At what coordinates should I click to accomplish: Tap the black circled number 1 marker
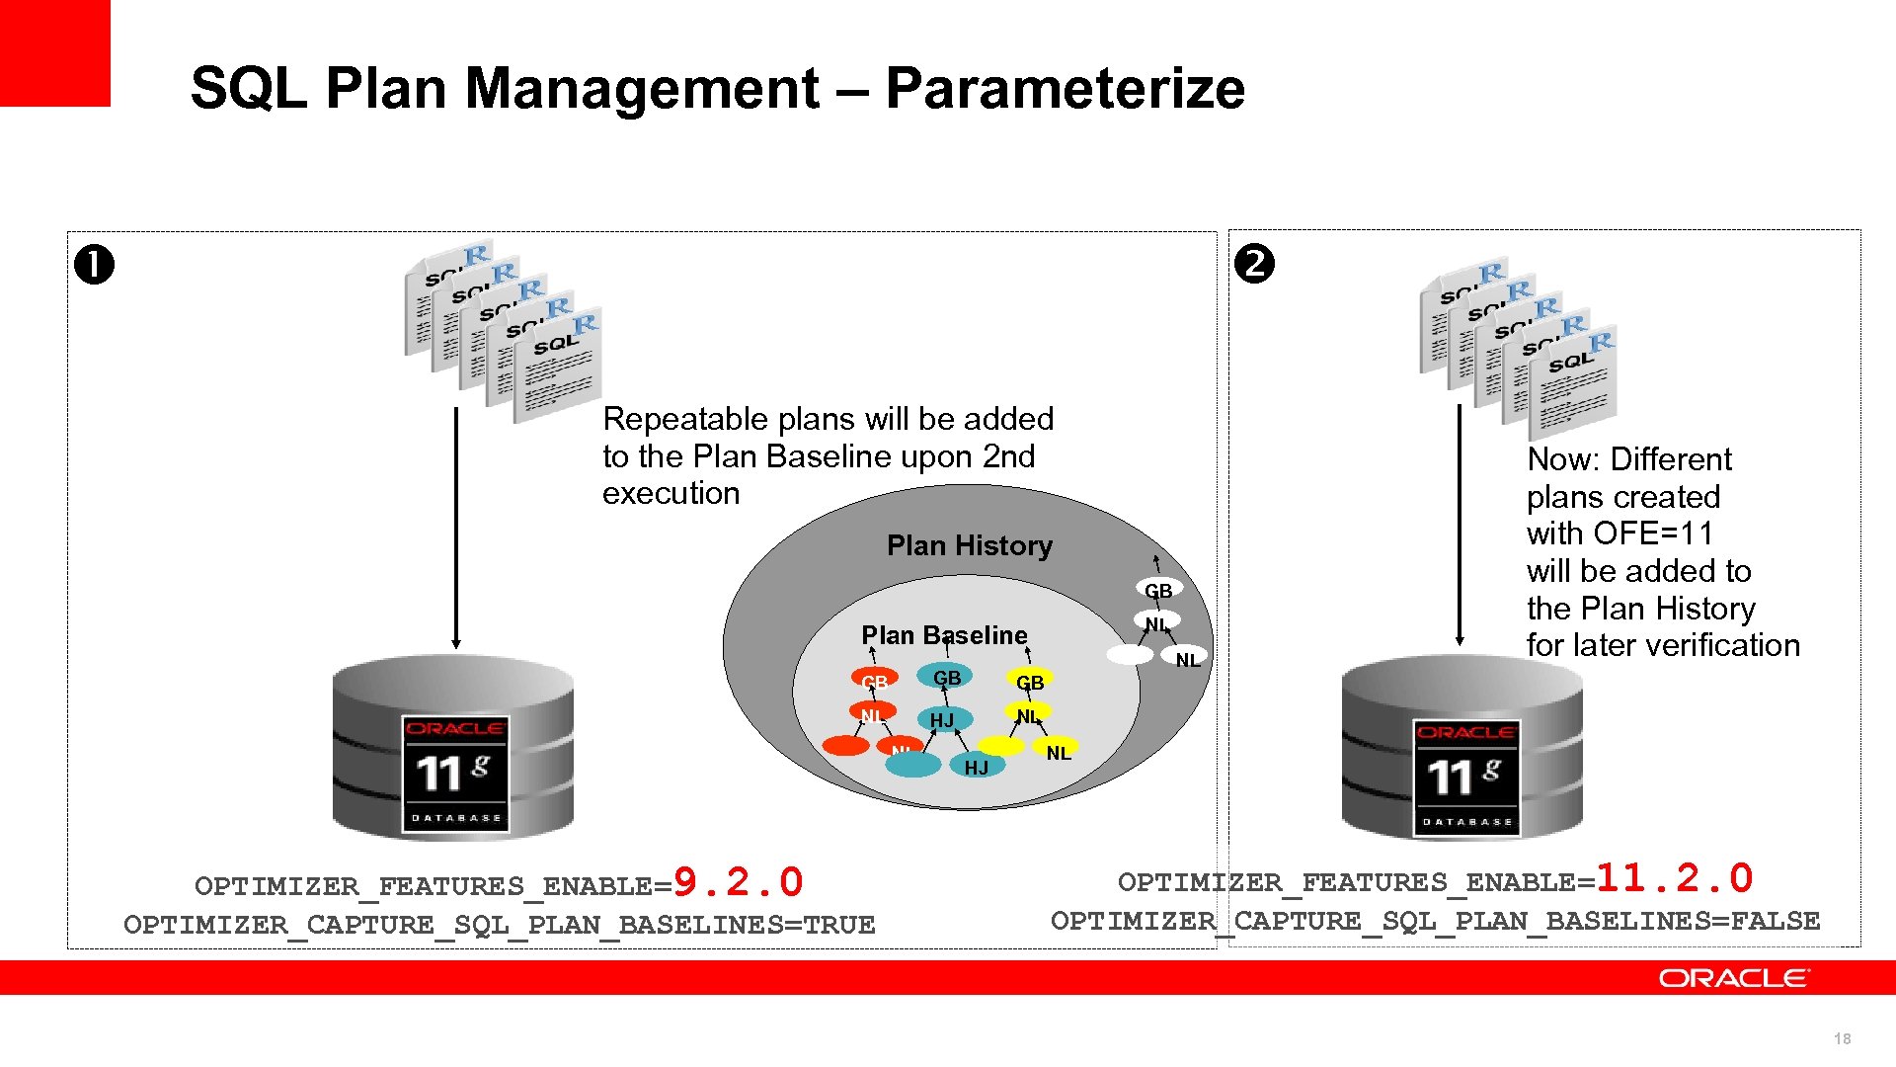tap(95, 266)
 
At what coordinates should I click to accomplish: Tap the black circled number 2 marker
tap(1254, 264)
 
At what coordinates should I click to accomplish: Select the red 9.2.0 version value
tap(738, 882)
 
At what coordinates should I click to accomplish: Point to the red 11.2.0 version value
tap(1674, 878)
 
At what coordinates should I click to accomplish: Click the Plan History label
tap(969, 545)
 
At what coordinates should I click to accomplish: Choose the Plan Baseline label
tap(944, 635)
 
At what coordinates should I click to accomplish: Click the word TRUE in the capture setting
tap(838, 925)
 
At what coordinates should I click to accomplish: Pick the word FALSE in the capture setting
tap(1775, 921)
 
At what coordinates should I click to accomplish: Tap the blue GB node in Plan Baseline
tap(946, 678)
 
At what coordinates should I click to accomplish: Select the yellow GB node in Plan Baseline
tap(1029, 682)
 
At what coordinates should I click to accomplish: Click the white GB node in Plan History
tap(1157, 590)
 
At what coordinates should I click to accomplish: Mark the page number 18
tap(1842, 1038)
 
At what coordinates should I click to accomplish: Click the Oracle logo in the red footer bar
tap(1734, 978)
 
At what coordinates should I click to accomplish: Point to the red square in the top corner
tap(54, 52)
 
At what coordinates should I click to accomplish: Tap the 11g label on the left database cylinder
tap(454, 773)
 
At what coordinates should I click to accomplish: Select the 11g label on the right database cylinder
tap(1465, 776)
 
